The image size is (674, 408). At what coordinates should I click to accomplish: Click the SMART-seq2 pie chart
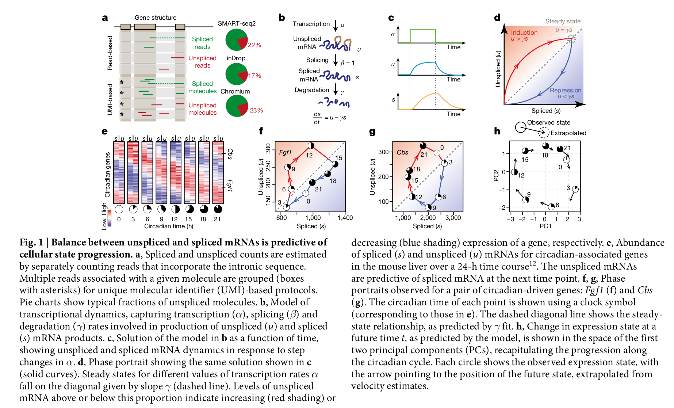click(x=237, y=40)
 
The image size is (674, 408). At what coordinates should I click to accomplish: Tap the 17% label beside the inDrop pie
click(x=254, y=76)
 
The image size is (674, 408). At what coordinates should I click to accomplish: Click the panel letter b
click(x=282, y=18)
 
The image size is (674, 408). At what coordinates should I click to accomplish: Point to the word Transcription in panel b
click(x=311, y=24)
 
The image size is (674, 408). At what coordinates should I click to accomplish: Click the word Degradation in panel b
click(x=312, y=90)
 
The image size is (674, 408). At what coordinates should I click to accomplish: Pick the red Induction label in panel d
click(x=524, y=33)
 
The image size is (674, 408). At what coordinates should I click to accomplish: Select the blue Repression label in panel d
click(x=565, y=90)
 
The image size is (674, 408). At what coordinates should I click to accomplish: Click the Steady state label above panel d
click(x=563, y=21)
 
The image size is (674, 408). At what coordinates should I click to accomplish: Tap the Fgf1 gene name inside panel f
click(x=285, y=152)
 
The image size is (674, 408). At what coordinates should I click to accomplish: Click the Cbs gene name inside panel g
click(x=402, y=152)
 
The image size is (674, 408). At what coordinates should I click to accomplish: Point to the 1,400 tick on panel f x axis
click(x=345, y=218)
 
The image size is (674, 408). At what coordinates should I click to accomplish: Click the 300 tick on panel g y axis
click(x=383, y=152)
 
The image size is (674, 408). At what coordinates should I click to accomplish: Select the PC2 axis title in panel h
click(x=496, y=176)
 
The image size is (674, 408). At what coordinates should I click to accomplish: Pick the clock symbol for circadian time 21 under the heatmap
click(x=218, y=209)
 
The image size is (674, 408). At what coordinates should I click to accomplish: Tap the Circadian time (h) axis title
click(x=168, y=226)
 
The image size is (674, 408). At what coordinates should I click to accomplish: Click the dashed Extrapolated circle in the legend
click(x=544, y=133)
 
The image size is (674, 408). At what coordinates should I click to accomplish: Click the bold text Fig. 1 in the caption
click(x=31, y=242)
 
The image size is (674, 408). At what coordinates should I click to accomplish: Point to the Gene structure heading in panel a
click(x=155, y=18)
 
